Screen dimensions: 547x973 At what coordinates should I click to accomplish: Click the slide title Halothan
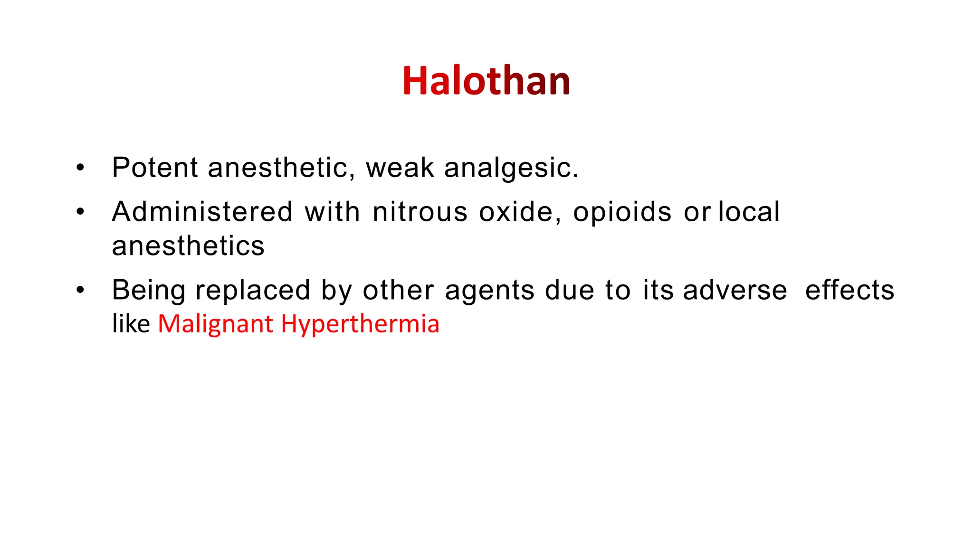tap(486, 81)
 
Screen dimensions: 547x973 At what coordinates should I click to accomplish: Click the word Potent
tap(155, 168)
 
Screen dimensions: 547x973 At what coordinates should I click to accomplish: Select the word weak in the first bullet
tap(400, 168)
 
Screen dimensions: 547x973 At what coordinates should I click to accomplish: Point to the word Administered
tap(202, 212)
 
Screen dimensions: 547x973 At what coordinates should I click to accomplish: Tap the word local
tap(749, 212)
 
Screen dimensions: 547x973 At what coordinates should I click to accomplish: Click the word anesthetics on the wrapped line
tap(188, 246)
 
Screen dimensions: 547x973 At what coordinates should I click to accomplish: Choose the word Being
tap(148, 291)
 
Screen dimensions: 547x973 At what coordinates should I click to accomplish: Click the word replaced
tap(253, 291)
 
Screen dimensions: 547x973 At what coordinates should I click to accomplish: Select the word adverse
tap(735, 290)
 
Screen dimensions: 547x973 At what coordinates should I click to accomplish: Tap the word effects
tap(849, 290)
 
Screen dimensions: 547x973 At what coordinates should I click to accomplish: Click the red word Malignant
tap(215, 325)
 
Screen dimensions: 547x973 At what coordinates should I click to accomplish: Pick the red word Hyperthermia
tap(360, 325)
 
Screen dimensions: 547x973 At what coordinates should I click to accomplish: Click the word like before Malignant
tap(131, 324)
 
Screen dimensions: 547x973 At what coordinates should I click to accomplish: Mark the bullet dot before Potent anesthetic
tap(80, 168)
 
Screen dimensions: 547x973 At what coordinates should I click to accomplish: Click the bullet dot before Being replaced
tap(80, 290)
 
